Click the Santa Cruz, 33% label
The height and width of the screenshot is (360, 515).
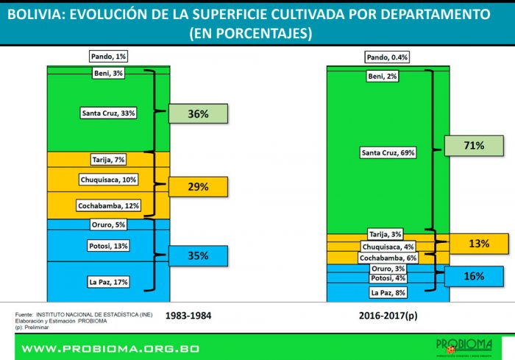[108, 113]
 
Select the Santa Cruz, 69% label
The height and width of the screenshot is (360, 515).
[388, 153]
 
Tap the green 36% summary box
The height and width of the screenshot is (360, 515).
[198, 113]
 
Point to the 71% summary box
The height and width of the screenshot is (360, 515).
[474, 147]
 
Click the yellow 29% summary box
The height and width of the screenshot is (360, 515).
[198, 187]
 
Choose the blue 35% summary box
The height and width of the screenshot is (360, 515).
[198, 256]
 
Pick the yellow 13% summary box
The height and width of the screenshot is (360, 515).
[479, 244]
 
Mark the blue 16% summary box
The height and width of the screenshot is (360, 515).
[474, 276]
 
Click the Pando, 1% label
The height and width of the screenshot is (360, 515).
[109, 56]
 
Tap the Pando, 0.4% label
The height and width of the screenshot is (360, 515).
[387, 57]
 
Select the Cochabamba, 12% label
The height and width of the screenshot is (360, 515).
[109, 206]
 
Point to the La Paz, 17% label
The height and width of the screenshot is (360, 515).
[109, 280]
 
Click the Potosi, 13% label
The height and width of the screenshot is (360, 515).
[109, 245]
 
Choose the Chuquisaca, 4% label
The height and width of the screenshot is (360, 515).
[387, 247]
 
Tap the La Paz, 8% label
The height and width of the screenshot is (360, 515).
[387, 292]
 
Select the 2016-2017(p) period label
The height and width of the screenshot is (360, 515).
[387, 316]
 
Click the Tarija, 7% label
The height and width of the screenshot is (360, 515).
[109, 160]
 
